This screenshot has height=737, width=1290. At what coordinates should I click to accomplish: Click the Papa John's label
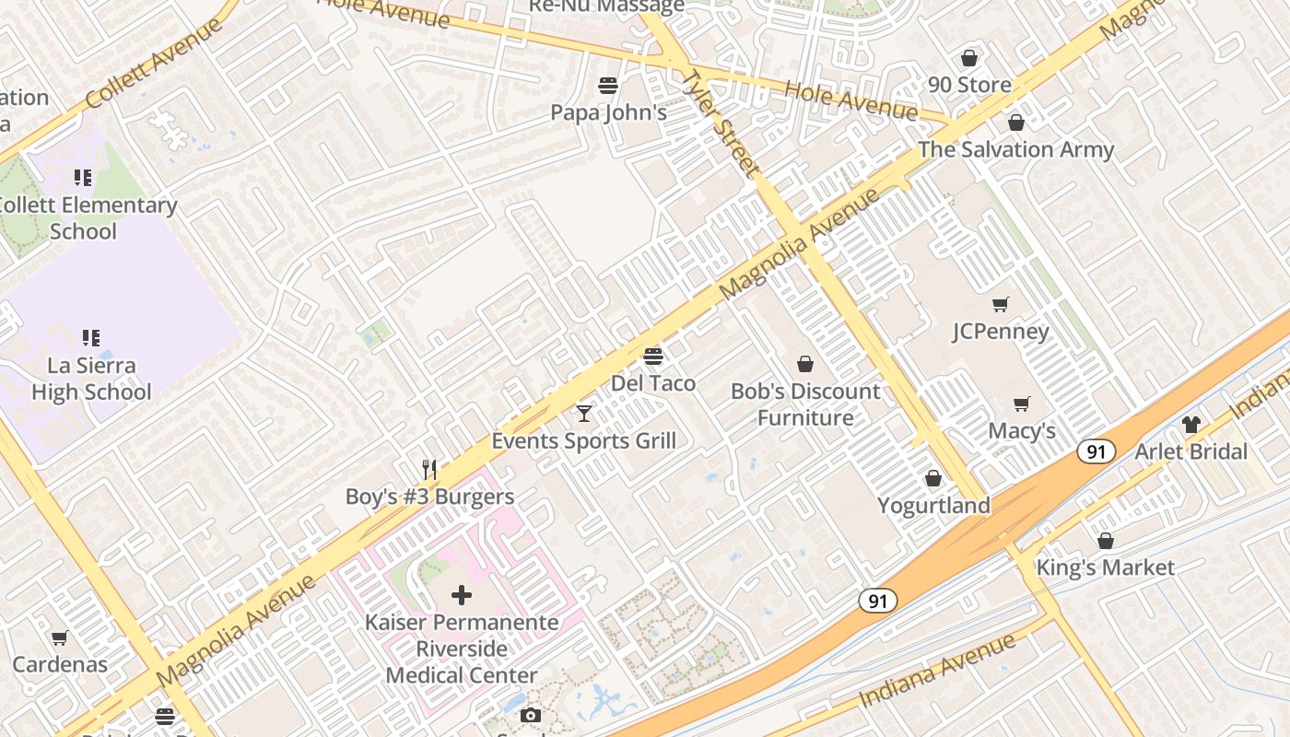point(608,112)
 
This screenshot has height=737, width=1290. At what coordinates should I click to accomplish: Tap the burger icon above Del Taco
point(653,356)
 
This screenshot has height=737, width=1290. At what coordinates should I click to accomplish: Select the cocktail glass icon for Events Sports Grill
point(583,413)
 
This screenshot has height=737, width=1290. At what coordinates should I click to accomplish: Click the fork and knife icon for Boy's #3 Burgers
point(428,469)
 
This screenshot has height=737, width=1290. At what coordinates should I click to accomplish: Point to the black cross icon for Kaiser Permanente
point(461,594)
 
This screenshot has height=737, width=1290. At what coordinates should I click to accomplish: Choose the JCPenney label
point(1000,332)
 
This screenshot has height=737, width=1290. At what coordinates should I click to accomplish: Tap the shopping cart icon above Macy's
point(1021,404)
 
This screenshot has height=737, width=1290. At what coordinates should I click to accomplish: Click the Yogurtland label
point(933,505)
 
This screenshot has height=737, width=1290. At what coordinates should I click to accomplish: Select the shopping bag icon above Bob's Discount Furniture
point(805,364)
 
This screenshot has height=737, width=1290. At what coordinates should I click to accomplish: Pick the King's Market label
point(1105,567)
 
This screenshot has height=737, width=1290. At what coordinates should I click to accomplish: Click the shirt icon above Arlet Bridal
point(1190,425)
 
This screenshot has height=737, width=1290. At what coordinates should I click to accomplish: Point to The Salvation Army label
point(1015,149)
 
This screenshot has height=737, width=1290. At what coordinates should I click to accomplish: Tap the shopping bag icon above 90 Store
point(968,58)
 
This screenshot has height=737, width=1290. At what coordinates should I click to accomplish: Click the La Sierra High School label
point(91,379)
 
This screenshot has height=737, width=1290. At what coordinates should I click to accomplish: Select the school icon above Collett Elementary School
point(83,177)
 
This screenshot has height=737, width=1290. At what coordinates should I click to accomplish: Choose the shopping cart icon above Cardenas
point(60,638)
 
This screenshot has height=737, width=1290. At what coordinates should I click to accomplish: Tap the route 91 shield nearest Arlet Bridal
point(1096,451)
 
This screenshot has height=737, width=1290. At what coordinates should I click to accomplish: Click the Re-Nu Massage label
point(606,6)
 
